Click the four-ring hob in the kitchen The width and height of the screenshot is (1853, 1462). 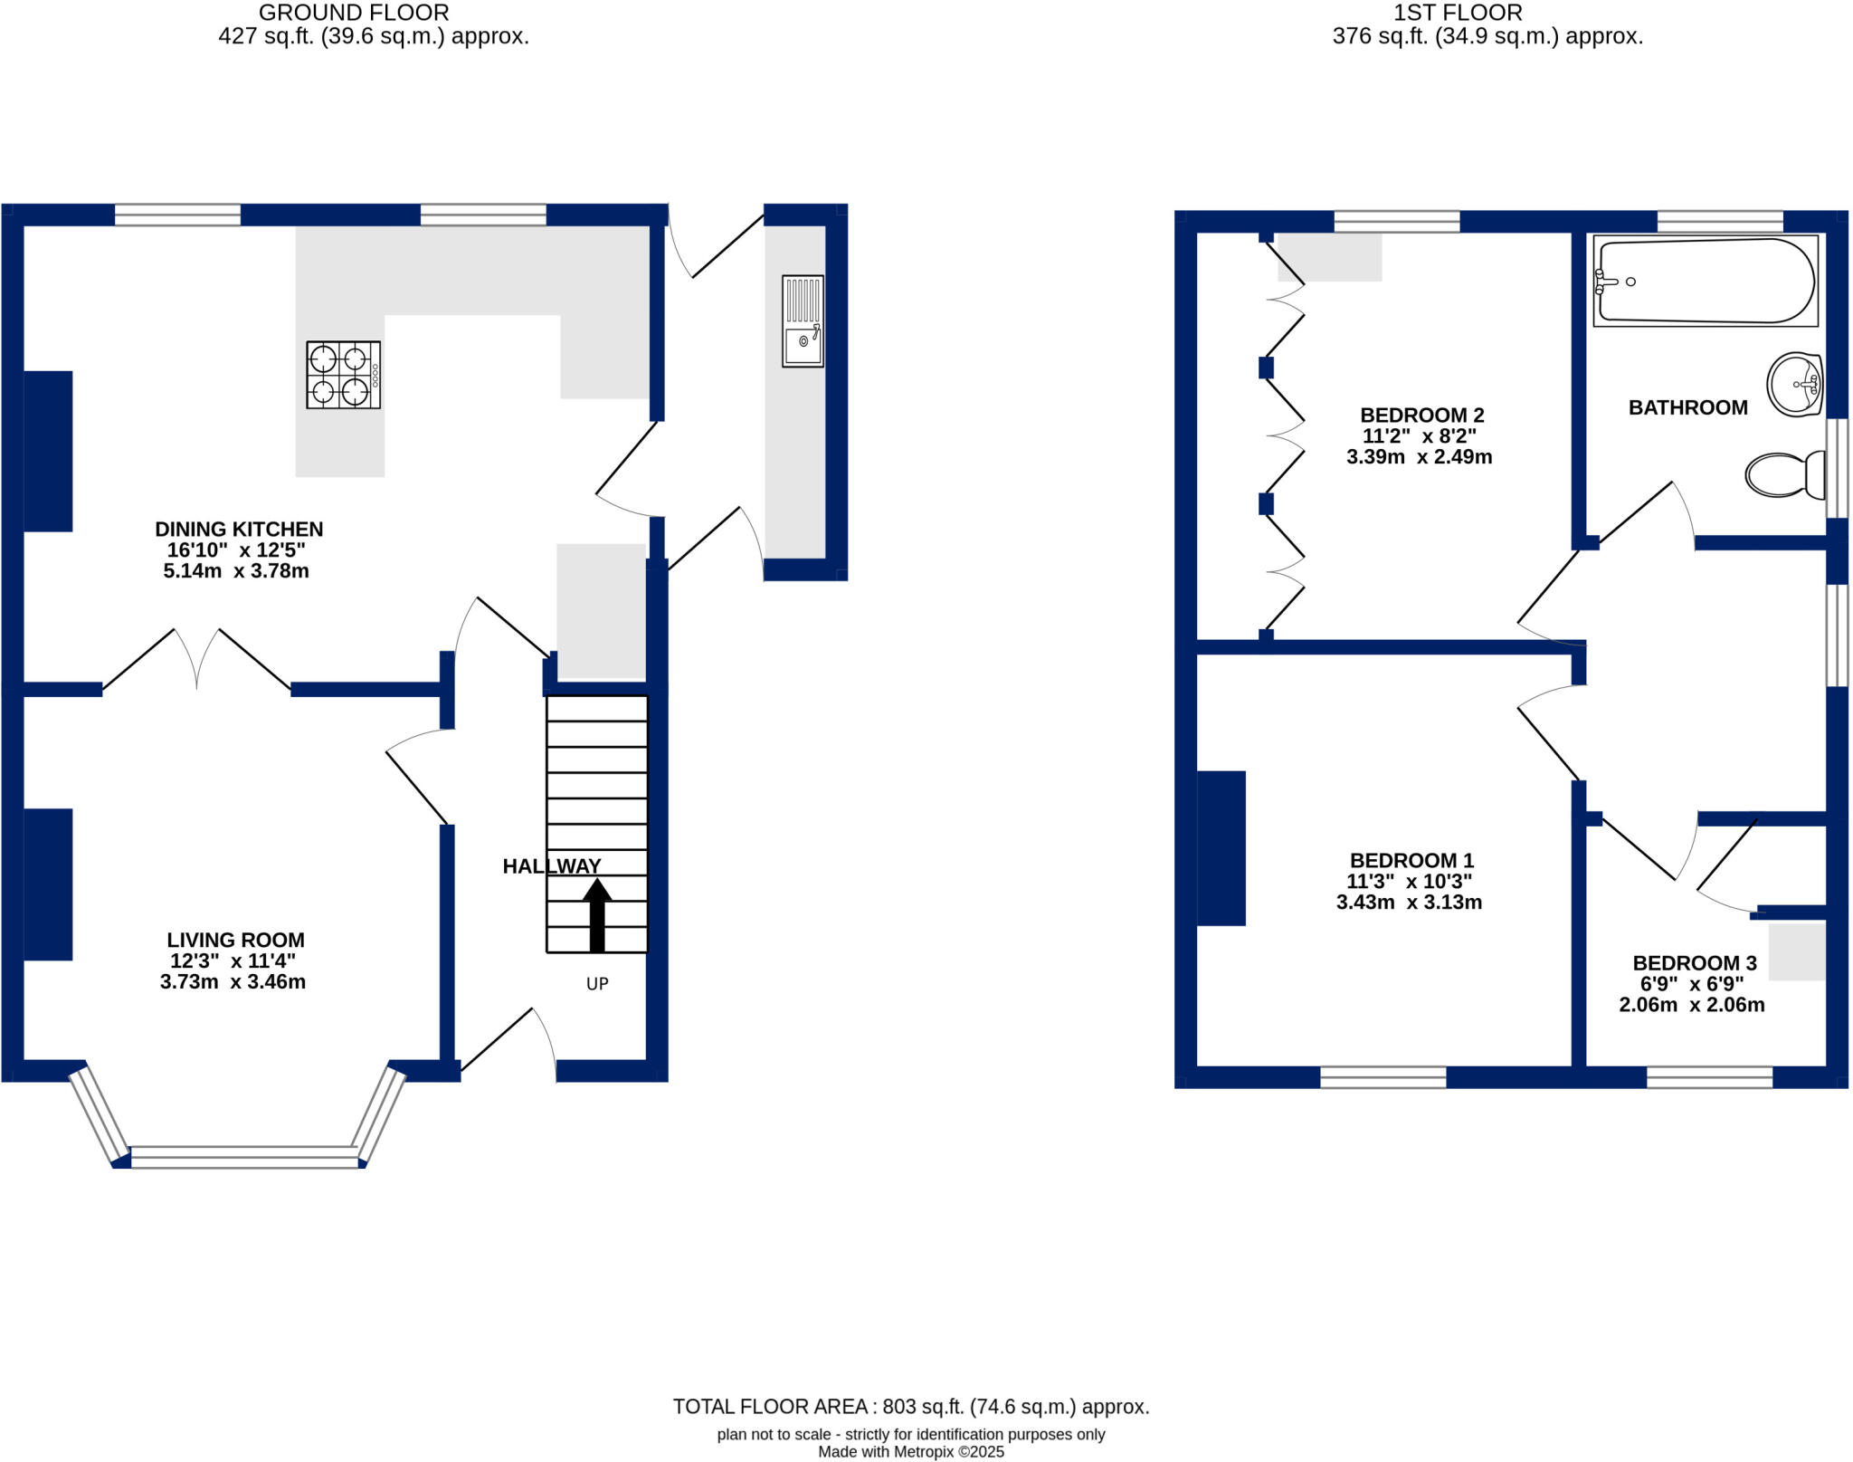pos(343,375)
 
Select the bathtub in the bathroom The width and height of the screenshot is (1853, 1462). pos(1705,281)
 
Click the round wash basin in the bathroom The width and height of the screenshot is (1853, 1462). pos(1793,385)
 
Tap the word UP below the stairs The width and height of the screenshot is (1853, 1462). pos(597,984)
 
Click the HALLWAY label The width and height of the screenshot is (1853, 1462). pos(551,866)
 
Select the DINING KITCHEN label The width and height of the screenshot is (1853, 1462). pos(239,529)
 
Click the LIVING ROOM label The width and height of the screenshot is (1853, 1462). pos(235,940)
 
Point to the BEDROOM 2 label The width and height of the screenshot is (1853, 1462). pos(1421,416)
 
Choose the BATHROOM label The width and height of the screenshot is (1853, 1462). pos(1687,407)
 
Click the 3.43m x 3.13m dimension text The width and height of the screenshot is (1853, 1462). pos(1409,902)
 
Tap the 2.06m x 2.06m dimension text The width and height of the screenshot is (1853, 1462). pos(1691,1005)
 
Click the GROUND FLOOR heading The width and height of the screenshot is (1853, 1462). pos(354,13)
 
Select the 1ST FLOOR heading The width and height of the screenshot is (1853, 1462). pos(1457,13)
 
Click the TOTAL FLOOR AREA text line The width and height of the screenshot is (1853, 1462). pos(910,1407)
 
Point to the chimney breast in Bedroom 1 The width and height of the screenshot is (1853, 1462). pos(1221,848)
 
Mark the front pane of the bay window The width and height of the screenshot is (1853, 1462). pos(244,1157)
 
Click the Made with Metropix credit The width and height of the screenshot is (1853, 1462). pos(910,1452)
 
